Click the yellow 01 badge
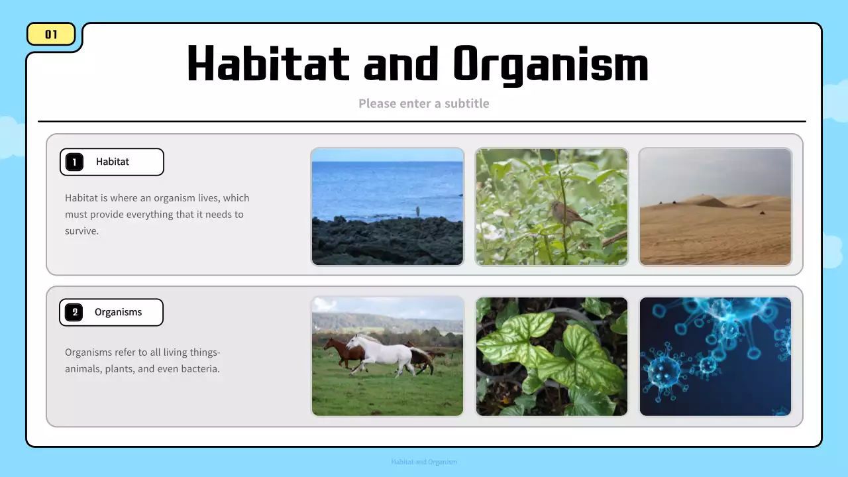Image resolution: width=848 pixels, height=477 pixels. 51,34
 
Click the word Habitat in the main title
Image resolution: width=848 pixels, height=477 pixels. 268,64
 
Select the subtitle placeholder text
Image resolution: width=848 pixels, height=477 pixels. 423,103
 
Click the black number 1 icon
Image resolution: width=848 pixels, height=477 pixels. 74,162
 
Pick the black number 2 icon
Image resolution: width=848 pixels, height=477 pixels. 74,312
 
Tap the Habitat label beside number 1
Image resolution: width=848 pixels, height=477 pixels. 113,162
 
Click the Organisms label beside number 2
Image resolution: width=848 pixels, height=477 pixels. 118,312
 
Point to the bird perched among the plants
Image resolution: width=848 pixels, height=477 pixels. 567,214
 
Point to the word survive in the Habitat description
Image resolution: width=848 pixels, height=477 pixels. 81,231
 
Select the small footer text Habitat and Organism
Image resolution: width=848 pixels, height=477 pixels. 424,462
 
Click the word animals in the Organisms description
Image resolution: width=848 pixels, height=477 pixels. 83,368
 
